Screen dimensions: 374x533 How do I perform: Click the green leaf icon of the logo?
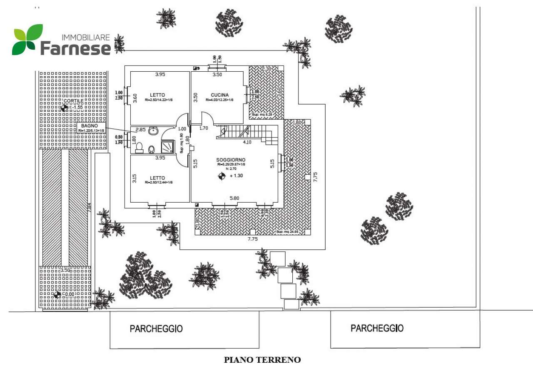click(27, 40)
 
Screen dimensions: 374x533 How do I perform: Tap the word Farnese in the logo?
click(75, 48)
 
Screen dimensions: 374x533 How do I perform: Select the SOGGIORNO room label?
click(230, 160)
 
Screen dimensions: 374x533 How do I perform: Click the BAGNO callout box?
click(91, 127)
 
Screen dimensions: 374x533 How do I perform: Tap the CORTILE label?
click(73, 101)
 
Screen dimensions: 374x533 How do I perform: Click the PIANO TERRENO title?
click(262, 360)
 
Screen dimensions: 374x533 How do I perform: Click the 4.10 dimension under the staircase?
click(247, 142)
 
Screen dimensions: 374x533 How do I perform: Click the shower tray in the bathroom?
click(167, 147)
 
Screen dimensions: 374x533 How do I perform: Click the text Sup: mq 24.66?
click(286, 231)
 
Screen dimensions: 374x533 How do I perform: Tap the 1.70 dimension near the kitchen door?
click(204, 128)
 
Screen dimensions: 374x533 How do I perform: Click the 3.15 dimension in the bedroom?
click(134, 179)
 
